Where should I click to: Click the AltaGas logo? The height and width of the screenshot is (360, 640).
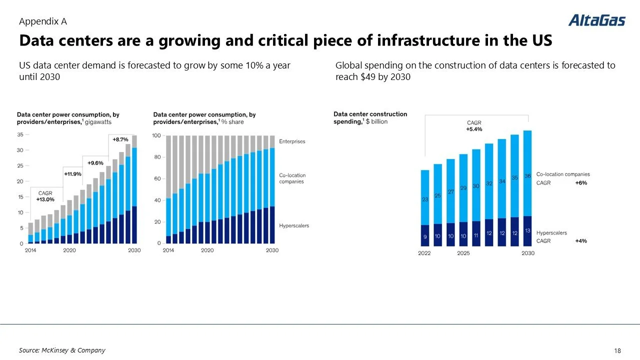[x=596, y=20]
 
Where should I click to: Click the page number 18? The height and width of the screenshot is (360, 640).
[x=616, y=350]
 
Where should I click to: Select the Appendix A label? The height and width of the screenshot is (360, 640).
[x=42, y=21]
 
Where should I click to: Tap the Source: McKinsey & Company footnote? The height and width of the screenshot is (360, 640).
[x=62, y=350]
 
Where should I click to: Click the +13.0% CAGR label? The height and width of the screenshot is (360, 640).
[x=45, y=199]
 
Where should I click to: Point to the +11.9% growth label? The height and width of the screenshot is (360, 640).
[x=72, y=174]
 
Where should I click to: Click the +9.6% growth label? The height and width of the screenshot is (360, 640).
[x=95, y=163]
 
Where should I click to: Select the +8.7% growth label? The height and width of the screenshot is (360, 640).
[x=120, y=139]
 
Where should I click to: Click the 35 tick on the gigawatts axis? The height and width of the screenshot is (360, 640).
[x=20, y=134]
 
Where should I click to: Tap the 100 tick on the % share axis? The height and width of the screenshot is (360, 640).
[x=156, y=135]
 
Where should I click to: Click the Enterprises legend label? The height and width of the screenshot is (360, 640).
[x=292, y=141]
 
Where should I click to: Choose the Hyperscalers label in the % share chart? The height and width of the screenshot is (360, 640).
[x=294, y=225]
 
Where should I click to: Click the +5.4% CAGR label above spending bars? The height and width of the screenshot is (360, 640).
[x=474, y=129]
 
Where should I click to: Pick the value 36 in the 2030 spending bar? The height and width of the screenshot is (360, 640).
[x=527, y=176]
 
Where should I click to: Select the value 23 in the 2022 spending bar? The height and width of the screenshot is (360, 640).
[x=424, y=199]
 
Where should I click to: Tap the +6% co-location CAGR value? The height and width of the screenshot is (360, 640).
[x=580, y=183]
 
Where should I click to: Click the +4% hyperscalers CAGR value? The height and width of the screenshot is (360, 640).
[x=580, y=241]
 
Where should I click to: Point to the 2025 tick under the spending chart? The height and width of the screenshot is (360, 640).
[x=463, y=253]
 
